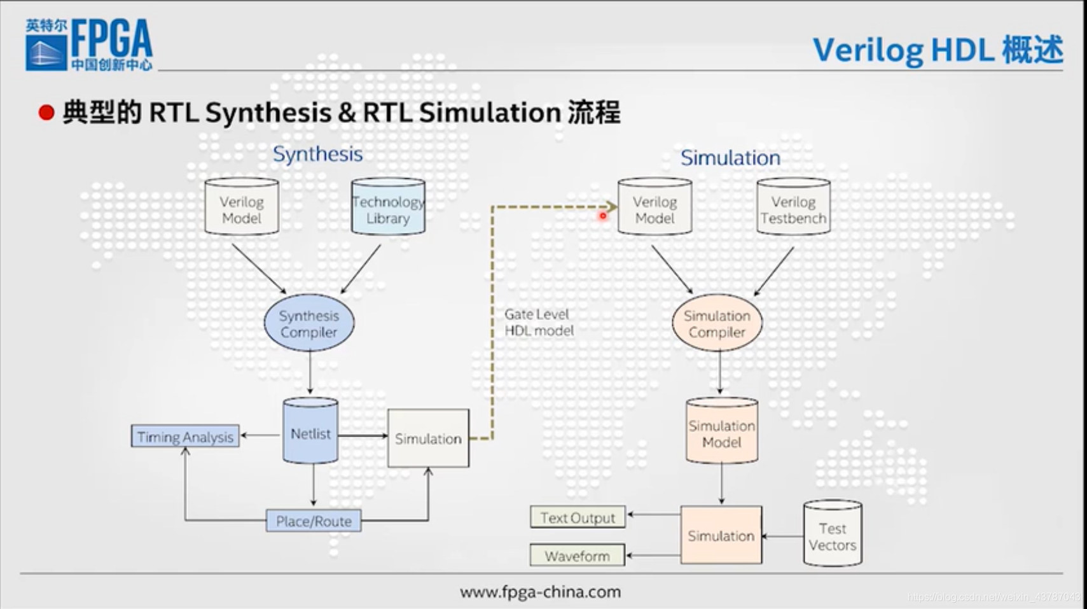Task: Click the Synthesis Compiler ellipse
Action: [309, 323]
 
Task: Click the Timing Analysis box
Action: [185, 437]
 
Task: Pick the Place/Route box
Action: [314, 521]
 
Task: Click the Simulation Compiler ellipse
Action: [717, 323]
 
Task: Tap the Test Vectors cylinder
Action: [832, 535]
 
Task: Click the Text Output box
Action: [578, 517]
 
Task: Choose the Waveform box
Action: [577, 556]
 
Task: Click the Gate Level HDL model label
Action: [539, 322]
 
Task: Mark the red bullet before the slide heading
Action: [46, 113]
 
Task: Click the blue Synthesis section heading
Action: [317, 154]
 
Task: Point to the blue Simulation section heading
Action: [730, 158]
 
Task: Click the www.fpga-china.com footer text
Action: [540, 592]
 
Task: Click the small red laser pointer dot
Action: [602, 216]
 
